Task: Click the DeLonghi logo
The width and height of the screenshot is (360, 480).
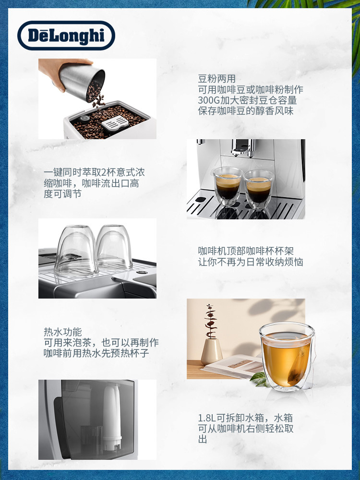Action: pos(66,36)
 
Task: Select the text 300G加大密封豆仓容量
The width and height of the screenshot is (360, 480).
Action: pos(247,100)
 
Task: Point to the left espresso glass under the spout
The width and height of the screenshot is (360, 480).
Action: pos(228,186)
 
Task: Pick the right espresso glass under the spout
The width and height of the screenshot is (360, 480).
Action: pos(259,188)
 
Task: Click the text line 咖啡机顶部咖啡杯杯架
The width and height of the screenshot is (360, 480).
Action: pos(246,251)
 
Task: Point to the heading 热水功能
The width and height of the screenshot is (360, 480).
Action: pos(63,332)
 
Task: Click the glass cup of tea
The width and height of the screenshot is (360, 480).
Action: pos(287,356)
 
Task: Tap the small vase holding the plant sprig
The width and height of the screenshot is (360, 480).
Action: pos(211,350)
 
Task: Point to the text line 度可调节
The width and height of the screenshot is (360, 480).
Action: pos(62,194)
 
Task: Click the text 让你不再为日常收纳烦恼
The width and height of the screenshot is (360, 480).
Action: pos(251,262)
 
